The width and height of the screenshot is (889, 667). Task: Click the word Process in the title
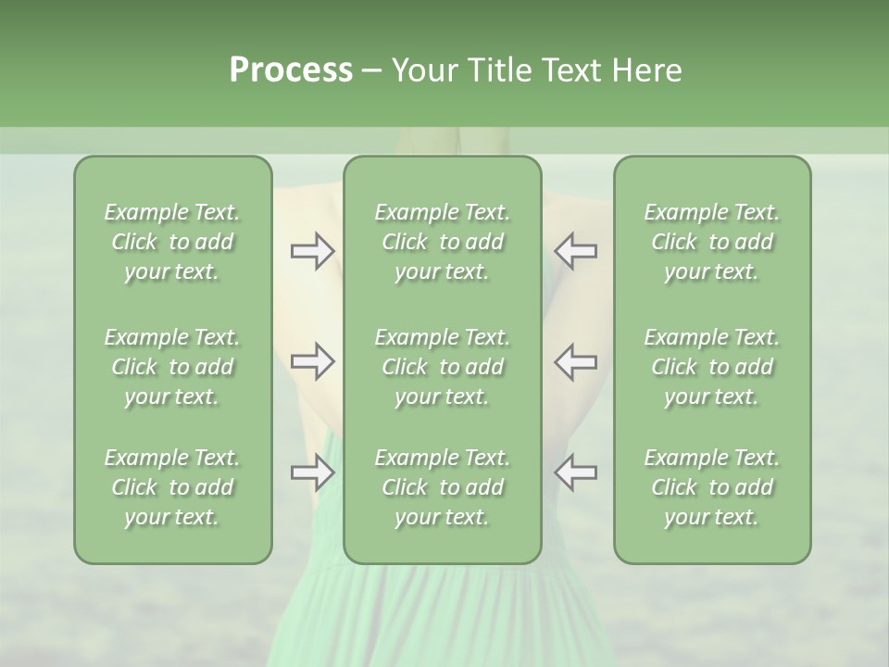tap(291, 70)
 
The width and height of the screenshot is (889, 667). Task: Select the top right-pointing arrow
tap(312, 251)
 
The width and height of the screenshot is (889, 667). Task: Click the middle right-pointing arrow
tap(312, 361)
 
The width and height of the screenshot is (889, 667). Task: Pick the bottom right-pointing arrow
tap(312, 472)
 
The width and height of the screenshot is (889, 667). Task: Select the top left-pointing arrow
tap(575, 251)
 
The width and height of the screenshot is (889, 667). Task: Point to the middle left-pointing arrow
tap(575, 361)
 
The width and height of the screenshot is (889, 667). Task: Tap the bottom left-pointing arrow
tap(575, 472)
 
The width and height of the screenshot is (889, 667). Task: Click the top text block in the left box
tap(172, 242)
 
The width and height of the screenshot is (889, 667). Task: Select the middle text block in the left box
tap(172, 367)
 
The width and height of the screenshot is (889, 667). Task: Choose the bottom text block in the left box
tap(172, 487)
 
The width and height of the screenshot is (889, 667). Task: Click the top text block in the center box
tap(443, 242)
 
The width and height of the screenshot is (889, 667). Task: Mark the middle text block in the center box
tap(443, 367)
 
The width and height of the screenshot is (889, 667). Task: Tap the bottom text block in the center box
tap(443, 487)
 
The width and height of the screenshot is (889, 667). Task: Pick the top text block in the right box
tap(712, 242)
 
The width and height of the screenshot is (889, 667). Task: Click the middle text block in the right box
tap(712, 367)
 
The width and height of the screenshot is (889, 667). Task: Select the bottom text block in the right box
tap(712, 487)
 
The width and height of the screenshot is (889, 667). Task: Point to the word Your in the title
tap(421, 70)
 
